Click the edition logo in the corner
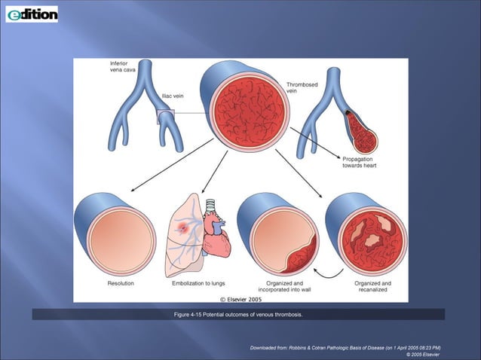[32, 14]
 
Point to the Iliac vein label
[172, 96]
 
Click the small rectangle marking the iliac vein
[165, 116]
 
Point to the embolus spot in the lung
[183, 226]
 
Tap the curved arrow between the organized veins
[326, 269]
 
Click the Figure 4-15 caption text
[238, 314]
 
